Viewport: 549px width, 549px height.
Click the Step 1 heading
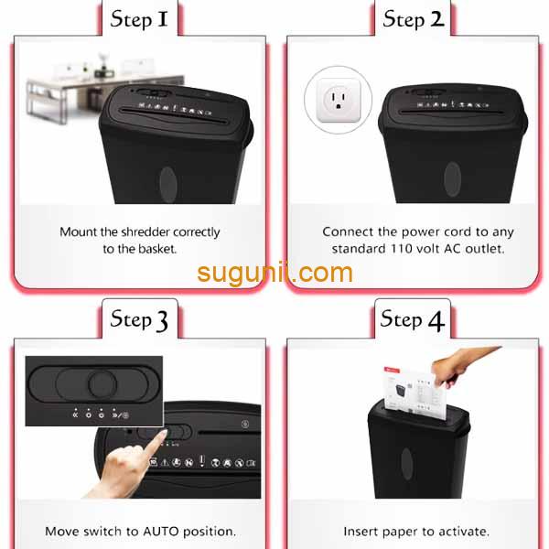tap(139, 19)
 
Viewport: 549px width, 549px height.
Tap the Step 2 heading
tap(414, 19)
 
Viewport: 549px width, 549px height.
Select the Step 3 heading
tap(139, 319)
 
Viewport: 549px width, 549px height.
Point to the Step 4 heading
tap(413, 319)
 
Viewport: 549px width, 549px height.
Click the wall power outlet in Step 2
tap(339, 100)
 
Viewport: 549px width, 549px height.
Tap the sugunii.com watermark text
tap(274, 273)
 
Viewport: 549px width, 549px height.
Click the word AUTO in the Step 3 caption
tap(161, 532)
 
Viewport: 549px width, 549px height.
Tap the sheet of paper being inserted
tap(414, 393)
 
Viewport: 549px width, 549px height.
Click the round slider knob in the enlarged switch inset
tap(102, 384)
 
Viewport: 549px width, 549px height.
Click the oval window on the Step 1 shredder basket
tap(168, 185)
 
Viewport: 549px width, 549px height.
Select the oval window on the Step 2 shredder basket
tap(452, 179)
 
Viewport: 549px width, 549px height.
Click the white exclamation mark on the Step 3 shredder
tap(201, 461)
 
